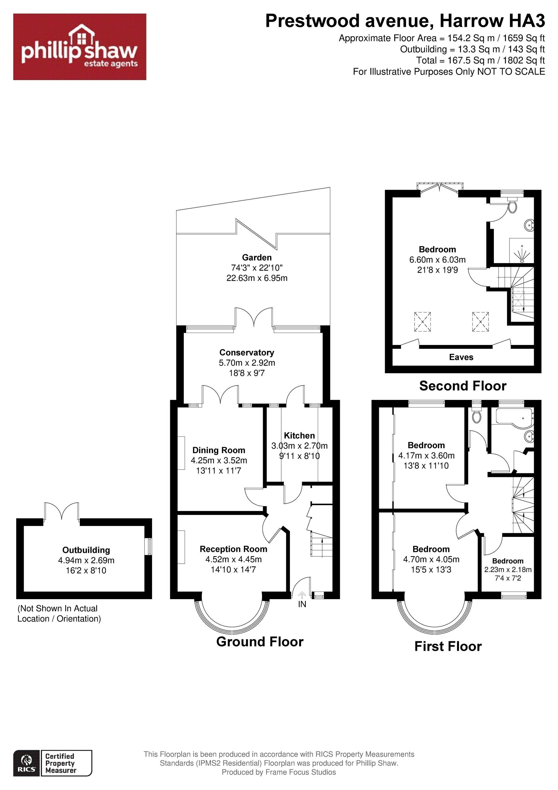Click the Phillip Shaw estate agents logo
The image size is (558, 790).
coord(80,47)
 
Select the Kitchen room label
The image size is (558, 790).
coord(299,436)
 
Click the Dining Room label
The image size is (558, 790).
coord(219,450)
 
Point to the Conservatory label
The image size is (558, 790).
coord(247,352)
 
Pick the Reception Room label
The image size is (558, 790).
coord(234,549)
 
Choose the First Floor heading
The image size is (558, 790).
coord(448,646)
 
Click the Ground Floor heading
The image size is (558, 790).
coord(260,642)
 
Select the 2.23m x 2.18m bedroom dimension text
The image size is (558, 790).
coord(508,570)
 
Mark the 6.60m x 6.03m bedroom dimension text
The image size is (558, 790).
coord(437,260)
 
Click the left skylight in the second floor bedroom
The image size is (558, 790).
coord(422,321)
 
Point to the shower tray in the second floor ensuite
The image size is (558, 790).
coord(521,251)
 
